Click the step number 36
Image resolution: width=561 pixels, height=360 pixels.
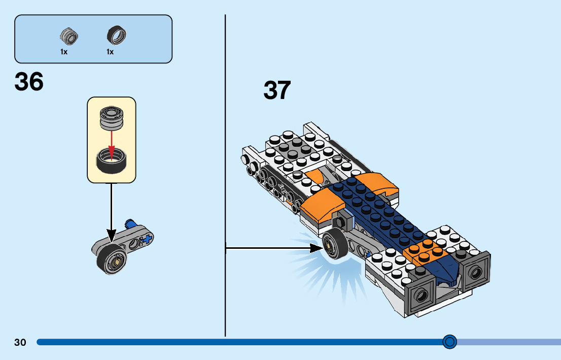[29, 82]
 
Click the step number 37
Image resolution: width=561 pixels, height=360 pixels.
[277, 90]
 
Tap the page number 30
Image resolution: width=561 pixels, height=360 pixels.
[20, 342]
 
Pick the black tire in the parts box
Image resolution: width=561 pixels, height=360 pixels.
[116, 35]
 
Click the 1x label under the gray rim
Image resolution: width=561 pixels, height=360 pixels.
[64, 52]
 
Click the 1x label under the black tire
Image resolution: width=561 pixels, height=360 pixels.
[110, 52]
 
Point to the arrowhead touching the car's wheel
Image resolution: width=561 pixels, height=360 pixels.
[318, 248]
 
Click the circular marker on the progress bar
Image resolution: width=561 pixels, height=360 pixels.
[449, 342]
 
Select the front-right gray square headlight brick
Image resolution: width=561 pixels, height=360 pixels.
[476, 272]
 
